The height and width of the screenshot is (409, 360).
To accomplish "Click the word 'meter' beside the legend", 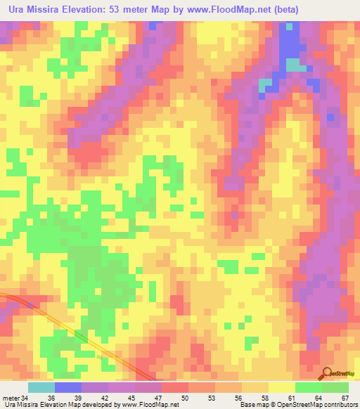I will [x=11, y=398].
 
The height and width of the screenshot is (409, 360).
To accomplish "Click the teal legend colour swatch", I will [x=41, y=387].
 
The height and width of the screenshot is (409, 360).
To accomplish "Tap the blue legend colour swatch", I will [x=68, y=387].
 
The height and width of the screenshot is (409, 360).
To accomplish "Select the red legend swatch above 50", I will [x=175, y=387].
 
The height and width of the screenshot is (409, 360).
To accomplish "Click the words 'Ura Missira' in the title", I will [x=32, y=9].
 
